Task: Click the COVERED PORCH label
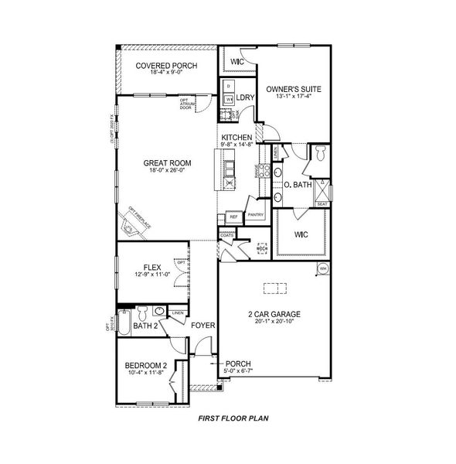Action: pyautogui.click(x=165, y=66)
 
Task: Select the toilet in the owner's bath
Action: pyautogui.click(x=321, y=155)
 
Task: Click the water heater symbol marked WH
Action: pyautogui.click(x=323, y=268)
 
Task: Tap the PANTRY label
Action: pyautogui.click(x=257, y=216)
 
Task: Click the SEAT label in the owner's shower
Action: pyautogui.click(x=322, y=204)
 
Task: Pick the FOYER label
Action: pyautogui.click(x=202, y=326)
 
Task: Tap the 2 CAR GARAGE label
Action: pyautogui.click(x=274, y=314)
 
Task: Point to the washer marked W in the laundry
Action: pyautogui.click(x=230, y=98)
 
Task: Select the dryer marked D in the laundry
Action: pyautogui.click(x=230, y=84)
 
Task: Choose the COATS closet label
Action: pyautogui.click(x=226, y=234)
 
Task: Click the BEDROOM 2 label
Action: pyautogui.click(x=145, y=365)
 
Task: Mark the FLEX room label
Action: pyautogui.click(x=151, y=267)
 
